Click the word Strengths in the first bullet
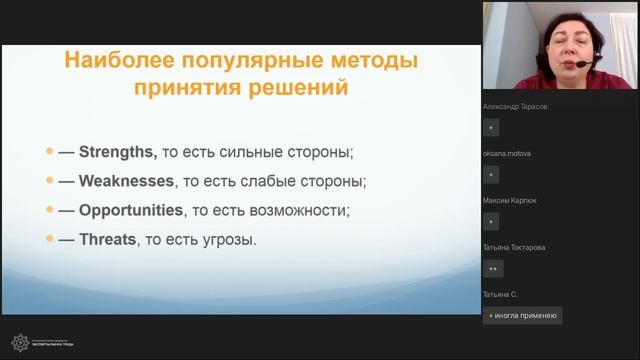pos(118,153)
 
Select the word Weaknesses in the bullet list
pos(126,182)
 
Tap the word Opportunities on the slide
pos(130,211)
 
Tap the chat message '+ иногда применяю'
pos(522,315)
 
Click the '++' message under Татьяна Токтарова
pos(492,268)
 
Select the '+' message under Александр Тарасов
pos(491,127)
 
